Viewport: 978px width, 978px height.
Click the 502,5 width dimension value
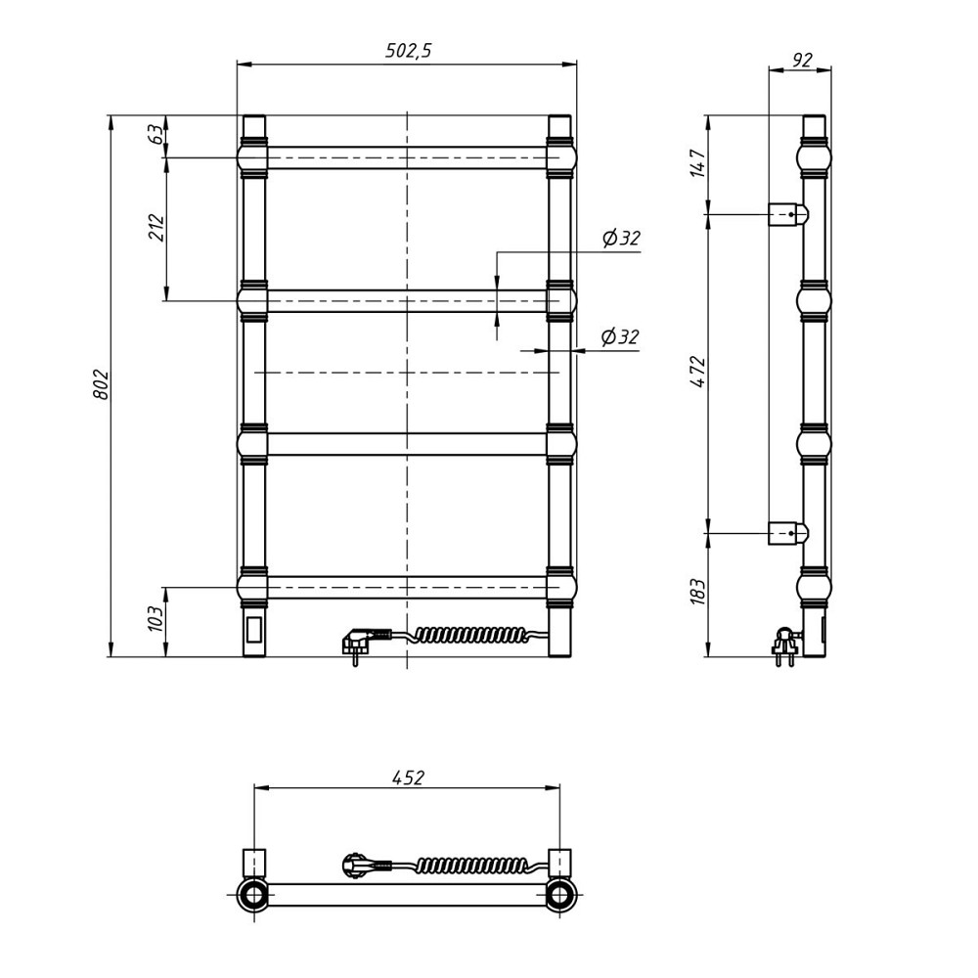coord(408,50)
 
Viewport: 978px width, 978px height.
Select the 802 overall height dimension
coord(102,384)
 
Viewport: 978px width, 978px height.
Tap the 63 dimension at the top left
coord(156,134)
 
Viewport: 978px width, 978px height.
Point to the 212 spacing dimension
coord(156,228)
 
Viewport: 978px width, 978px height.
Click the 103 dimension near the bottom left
coord(156,618)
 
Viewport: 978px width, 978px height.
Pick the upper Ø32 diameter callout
coord(621,238)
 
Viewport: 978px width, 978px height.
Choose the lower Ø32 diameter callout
coord(620,336)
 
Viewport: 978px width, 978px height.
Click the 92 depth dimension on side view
coord(802,60)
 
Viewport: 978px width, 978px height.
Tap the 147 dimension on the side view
coord(698,163)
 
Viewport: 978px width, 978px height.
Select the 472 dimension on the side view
coord(698,372)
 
